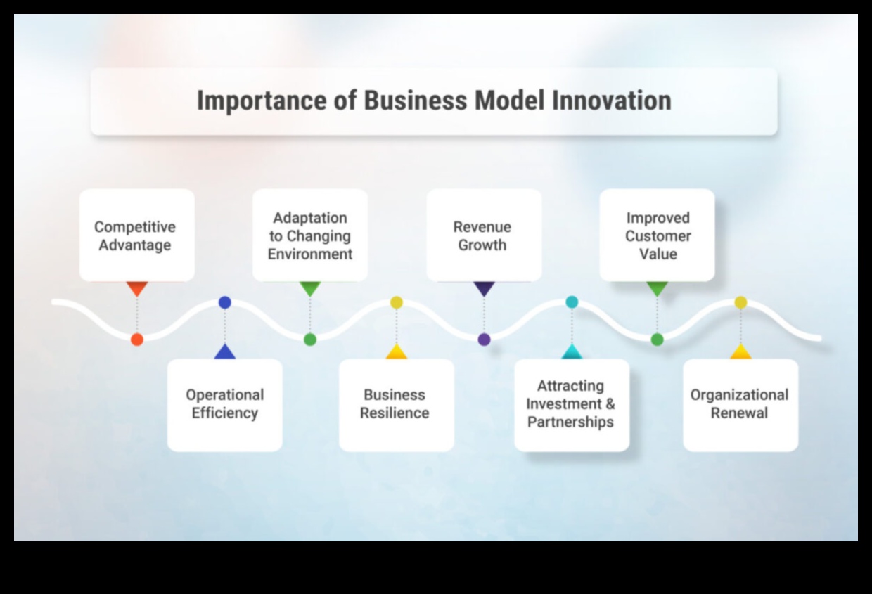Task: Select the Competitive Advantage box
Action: (x=136, y=235)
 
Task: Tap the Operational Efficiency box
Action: (x=224, y=404)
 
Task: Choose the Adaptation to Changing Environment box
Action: (x=310, y=235)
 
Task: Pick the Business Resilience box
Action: (x=396, y=404)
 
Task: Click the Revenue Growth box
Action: (x=484, y=235)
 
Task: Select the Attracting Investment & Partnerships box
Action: (x=571, y=404)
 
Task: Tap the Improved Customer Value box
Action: (x=657, y=235)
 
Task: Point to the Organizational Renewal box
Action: (x=740, y=404)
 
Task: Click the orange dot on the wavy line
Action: (x=137, y=340)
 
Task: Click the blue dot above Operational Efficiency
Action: (x=225, y=302)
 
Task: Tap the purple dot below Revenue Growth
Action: (x=484, y=340)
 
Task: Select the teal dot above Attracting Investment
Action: (x=572, y=302)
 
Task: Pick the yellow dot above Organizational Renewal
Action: (x=740, y=302)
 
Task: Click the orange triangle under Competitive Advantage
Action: (x=137, y=288)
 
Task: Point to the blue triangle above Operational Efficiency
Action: (x=225, y=352)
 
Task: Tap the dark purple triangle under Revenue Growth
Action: (x=484, y=288)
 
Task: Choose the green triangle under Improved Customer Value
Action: (x=657, y=288)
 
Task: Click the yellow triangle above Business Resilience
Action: (x=397, y=352)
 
